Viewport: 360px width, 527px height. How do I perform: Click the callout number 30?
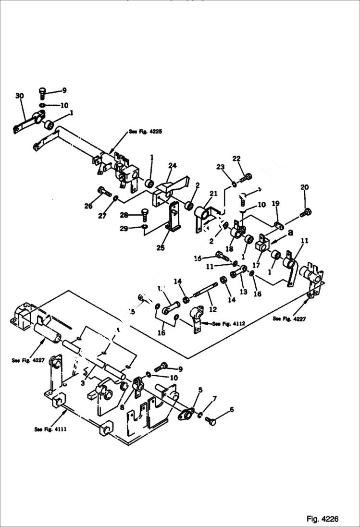tap(19, 96)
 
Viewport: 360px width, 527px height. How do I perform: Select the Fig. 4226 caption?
tap(323, 519)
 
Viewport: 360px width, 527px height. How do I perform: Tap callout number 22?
tap(236, 159)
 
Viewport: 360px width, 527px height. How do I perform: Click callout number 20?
tap(305, 187)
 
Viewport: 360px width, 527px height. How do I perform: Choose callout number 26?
tap(88, 207)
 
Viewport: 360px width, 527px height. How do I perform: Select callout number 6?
tap(232, 409)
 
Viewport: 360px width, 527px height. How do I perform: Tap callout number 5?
tap(200, 390)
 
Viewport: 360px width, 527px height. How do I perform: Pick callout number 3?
tap(83, 383)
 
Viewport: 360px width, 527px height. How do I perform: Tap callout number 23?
tap(220, 167)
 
